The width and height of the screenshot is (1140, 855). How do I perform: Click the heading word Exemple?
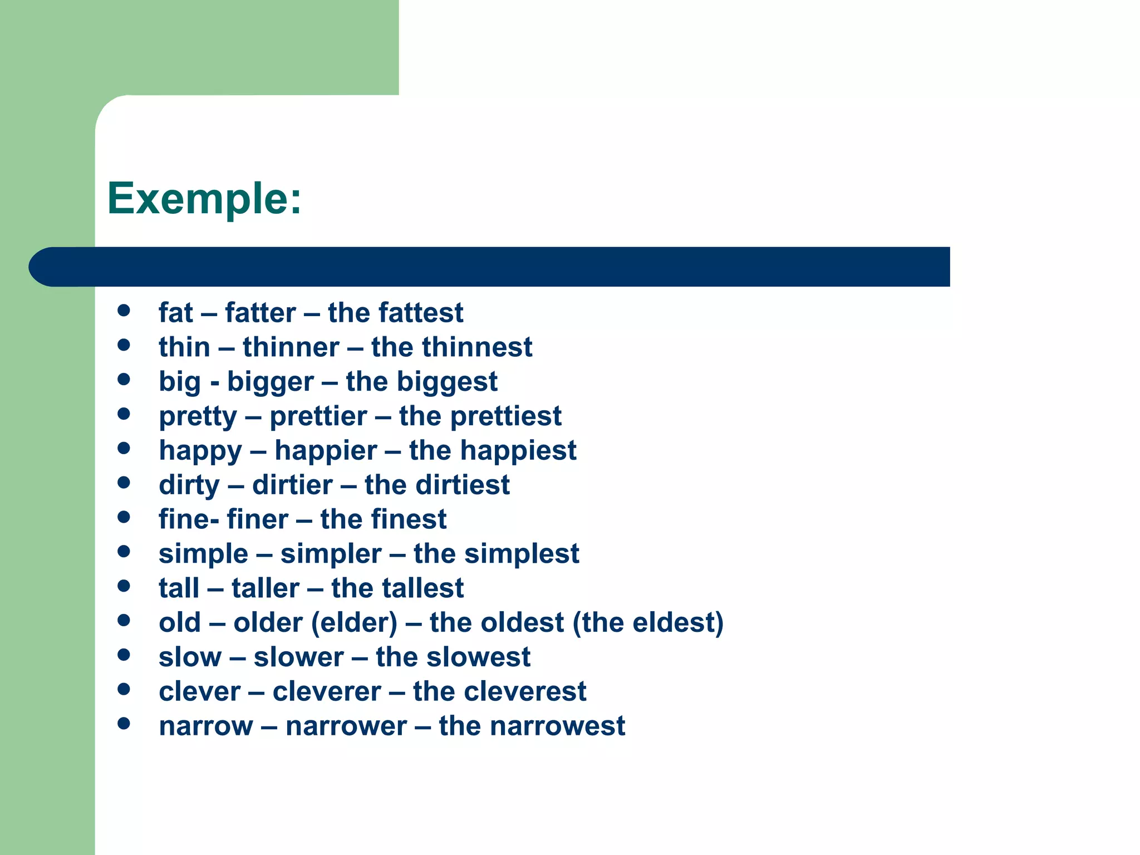point(198,199)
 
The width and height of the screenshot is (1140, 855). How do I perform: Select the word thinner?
point(291,347)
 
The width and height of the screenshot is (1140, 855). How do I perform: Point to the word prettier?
point(318,416)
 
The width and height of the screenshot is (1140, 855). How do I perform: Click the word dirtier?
point(292,485)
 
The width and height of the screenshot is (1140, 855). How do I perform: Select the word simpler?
point(331,554)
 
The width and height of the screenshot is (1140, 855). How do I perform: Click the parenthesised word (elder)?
point(355,622)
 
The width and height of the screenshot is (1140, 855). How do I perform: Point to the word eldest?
point(673,622)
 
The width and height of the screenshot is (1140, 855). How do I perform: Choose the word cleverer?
point(327,691)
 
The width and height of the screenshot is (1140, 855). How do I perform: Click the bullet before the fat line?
point(124,310)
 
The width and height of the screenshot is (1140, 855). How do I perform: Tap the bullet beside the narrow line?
point(124,723)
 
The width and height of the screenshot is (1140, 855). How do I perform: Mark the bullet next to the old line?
point(124,620)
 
